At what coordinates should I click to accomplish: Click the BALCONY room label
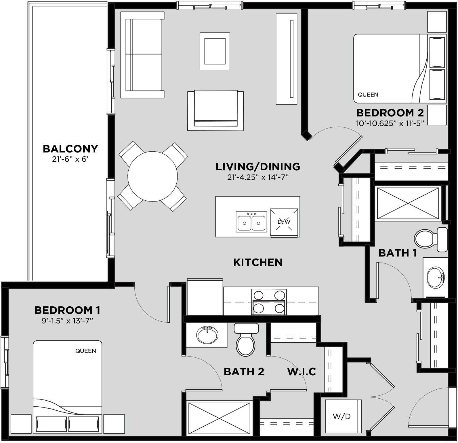pos(70,149)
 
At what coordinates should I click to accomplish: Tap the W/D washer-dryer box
pos(342,416)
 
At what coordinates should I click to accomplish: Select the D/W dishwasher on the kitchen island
pos(284,222)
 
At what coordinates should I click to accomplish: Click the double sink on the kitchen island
pos(251,222)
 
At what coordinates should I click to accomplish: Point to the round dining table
pos(152,176)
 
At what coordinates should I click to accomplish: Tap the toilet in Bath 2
pos(246,340)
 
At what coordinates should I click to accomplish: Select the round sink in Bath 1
pos(435,277)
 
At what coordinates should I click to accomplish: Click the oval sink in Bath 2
pos(207,335)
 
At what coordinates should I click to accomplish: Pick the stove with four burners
pos(269,302)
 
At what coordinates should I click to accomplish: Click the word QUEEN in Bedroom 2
pos(368,95)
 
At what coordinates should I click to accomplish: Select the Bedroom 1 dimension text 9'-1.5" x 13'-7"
pos(67,321)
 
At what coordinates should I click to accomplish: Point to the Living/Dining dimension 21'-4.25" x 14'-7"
pos(258,177)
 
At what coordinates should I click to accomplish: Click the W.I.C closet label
pos(301,372)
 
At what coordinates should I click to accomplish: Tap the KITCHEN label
pos(258,262)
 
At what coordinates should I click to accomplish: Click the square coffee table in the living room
pos(215,51)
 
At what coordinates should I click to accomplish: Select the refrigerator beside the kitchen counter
pos(205,297)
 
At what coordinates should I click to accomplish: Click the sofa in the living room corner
pos(142,55)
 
